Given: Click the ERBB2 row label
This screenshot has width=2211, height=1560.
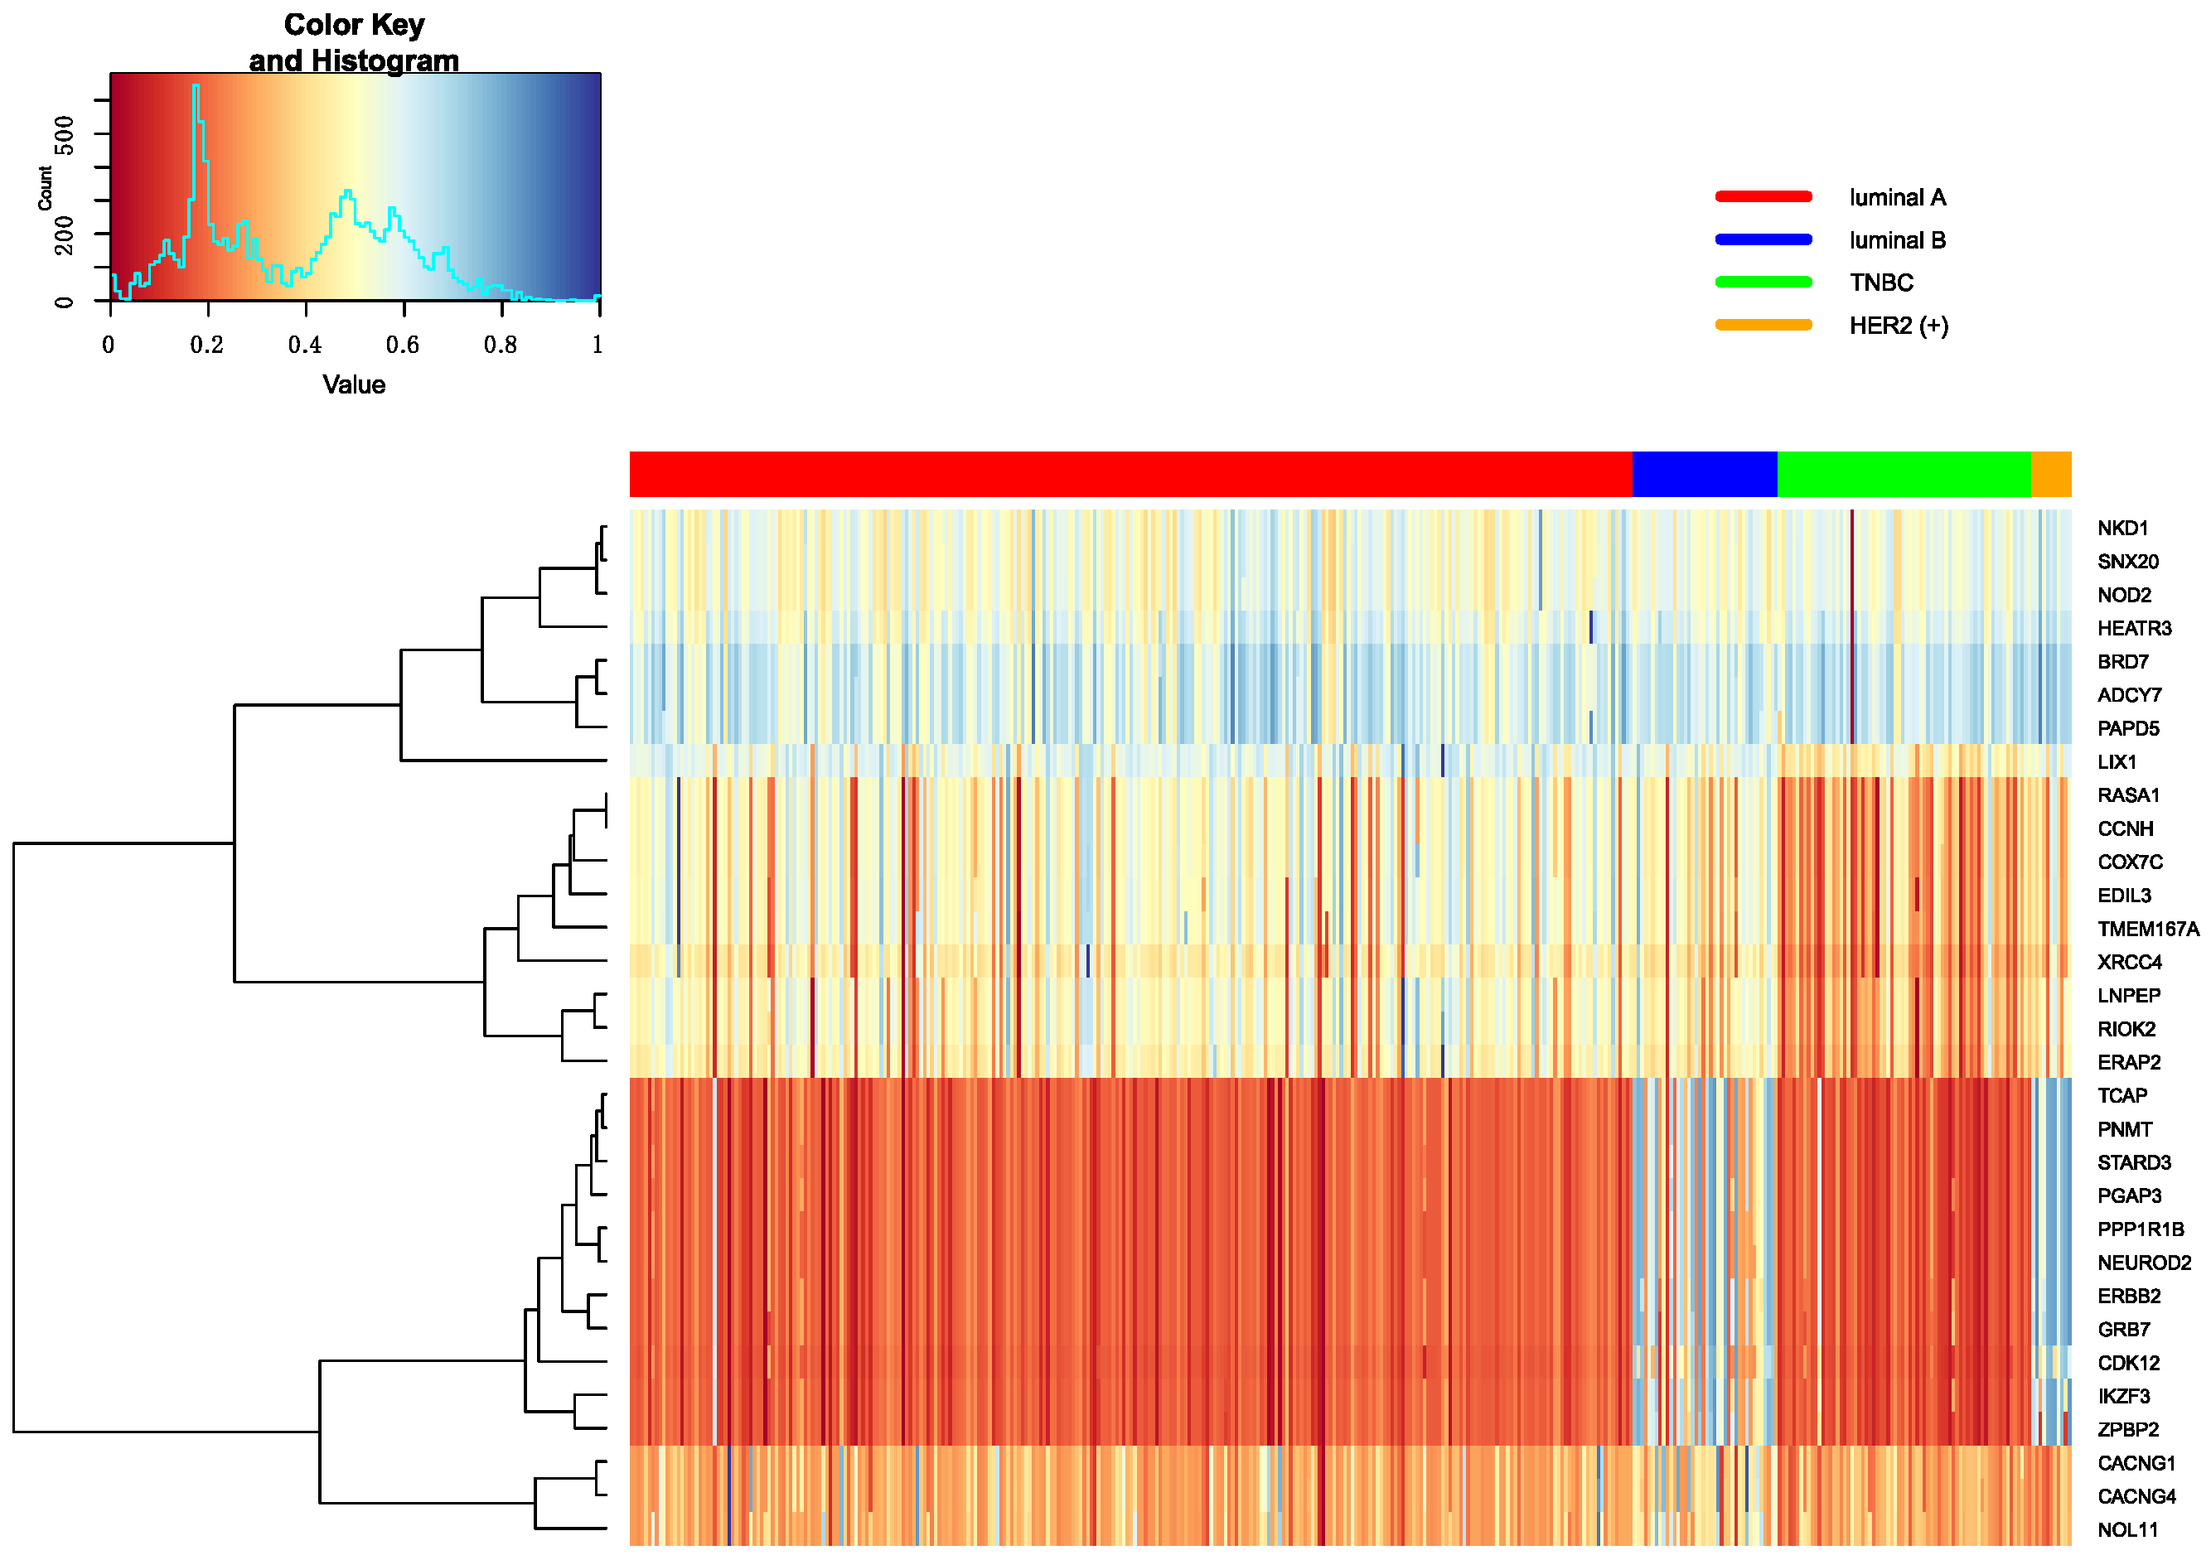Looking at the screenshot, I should [x=2128, y=1297].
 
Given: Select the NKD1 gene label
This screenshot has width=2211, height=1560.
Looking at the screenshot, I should [x=2122, y=528].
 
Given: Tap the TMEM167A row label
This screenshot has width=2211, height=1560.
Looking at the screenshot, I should [x=2147, y=929].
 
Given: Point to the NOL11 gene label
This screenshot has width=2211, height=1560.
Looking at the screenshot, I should [x=2127, y=1530].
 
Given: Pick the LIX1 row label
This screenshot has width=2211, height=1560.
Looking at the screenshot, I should [x=2117, y=761].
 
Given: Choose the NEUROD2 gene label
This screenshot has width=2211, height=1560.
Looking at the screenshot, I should [x=2144, y=1263].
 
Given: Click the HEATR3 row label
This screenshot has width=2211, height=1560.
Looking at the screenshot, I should [x=2134, y=628].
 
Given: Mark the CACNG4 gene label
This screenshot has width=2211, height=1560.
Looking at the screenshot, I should [x=2136, y=1496].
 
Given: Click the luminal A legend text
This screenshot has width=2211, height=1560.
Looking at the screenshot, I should [x=1897, y=197].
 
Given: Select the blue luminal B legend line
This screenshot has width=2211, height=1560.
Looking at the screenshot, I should [x=1763, y=239].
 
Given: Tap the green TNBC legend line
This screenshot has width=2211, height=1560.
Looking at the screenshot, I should [x=1763, y=283].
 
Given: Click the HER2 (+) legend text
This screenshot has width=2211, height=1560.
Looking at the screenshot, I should [x=1898, y=326].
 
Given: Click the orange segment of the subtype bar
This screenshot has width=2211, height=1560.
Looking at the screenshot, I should [x=2050, y=474].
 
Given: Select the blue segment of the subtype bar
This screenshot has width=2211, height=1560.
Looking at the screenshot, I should [x=1704, y=474].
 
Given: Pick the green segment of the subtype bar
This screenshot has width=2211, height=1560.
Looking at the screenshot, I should [x=1903, y=474].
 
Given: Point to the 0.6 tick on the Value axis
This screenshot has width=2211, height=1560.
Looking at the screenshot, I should [x=403, y=344].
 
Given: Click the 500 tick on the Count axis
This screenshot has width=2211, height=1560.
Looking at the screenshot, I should [x=64, y=134].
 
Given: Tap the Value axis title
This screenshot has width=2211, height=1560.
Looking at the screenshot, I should [x=353, y=385].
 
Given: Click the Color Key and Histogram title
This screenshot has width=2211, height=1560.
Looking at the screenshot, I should [x=353, y=42].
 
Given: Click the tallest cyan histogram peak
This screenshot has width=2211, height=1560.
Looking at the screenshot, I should [x=196, y=88].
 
